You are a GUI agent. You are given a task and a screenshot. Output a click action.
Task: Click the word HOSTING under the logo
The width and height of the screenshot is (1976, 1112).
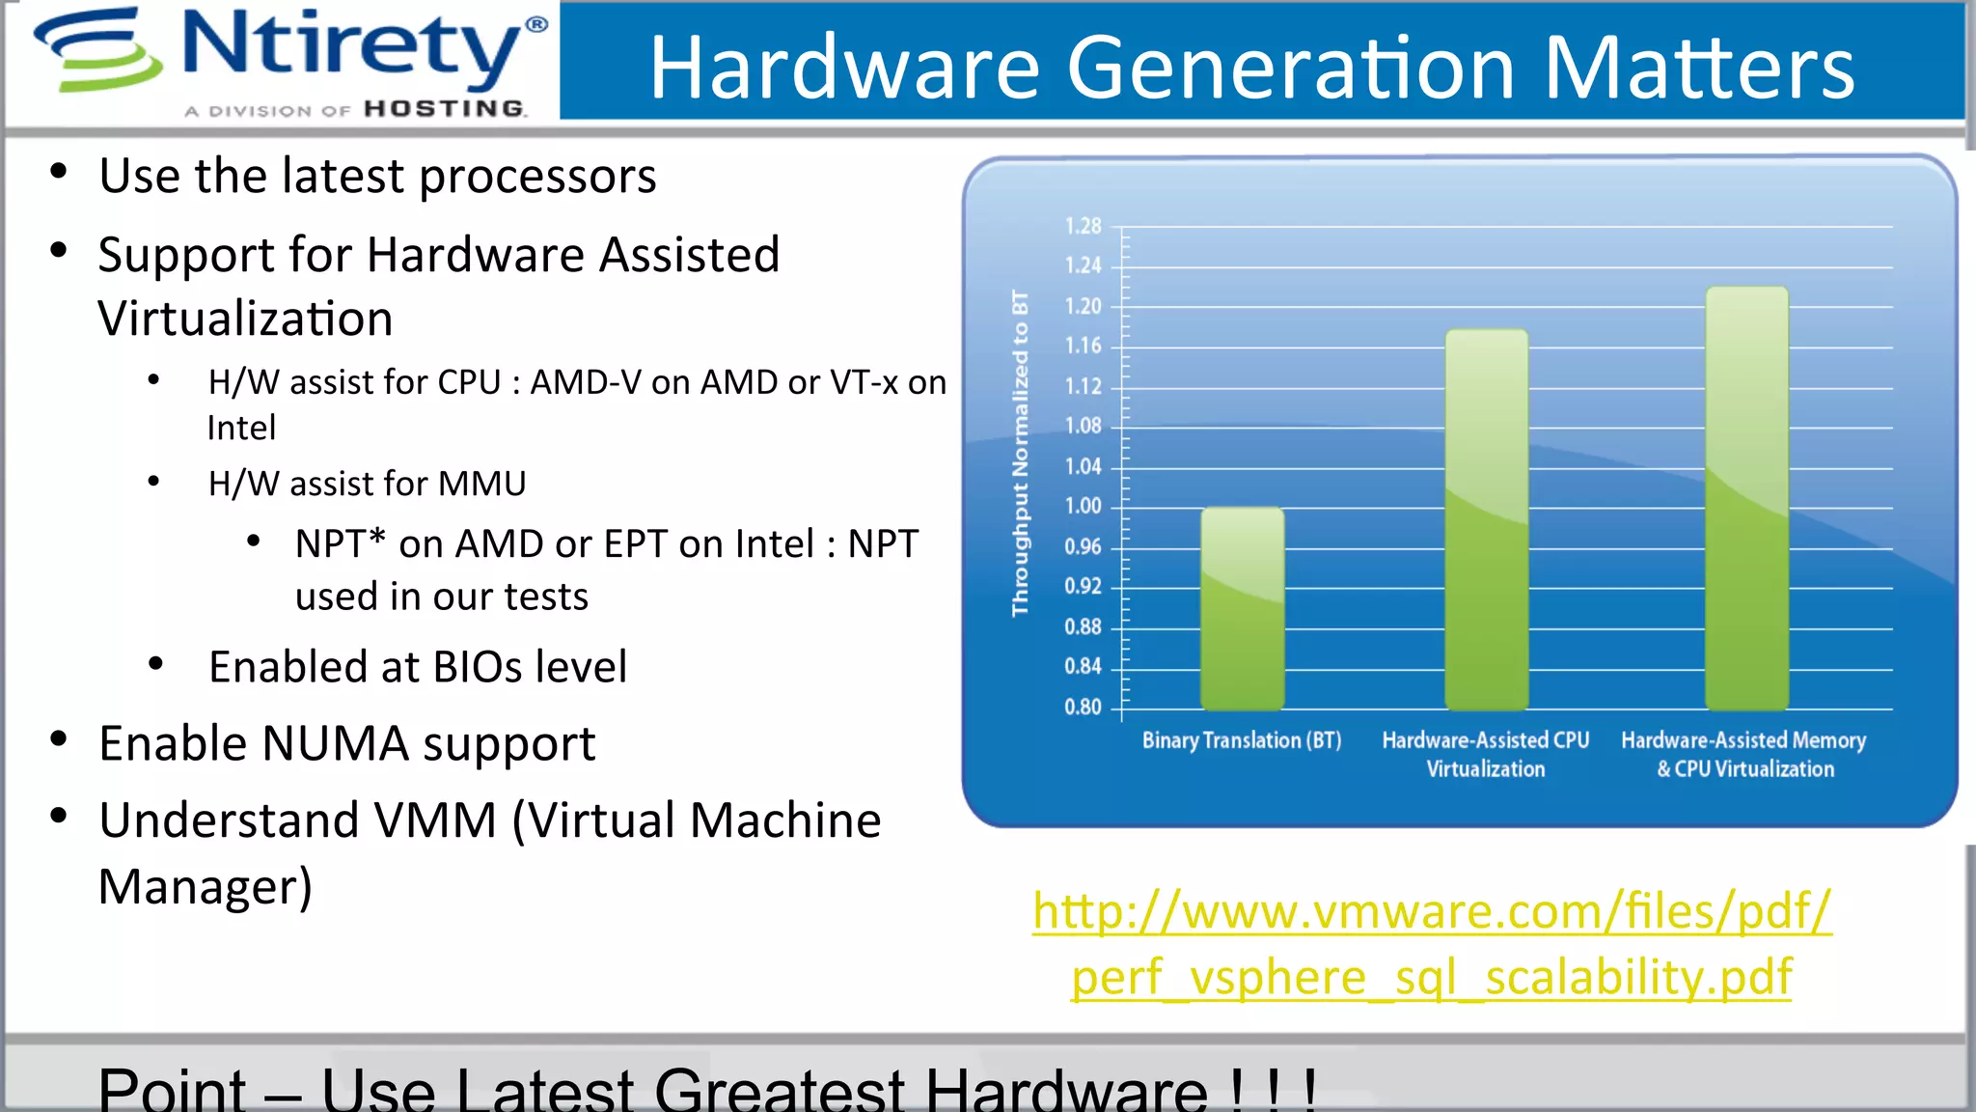(x=445, y=109)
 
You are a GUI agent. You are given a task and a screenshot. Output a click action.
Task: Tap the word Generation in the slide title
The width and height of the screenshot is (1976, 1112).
(x=1292, y=68)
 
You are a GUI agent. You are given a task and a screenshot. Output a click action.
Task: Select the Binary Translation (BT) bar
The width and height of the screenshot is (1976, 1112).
(x=1242, y=608)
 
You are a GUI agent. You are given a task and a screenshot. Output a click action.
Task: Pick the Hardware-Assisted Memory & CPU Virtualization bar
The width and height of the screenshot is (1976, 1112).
(x=1746, y=498)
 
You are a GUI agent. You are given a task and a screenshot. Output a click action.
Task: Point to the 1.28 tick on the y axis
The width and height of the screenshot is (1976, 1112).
(x=1083, y=226)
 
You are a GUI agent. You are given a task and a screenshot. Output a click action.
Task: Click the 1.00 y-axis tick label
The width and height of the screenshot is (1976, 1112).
(x=1083, y=506)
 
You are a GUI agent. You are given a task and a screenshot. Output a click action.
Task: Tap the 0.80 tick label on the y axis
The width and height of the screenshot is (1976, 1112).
(x=1083, y=707)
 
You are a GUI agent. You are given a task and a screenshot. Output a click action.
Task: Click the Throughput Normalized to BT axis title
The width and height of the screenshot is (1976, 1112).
(x=1020, y=453)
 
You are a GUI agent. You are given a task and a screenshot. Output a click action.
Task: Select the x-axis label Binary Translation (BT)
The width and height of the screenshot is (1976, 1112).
(x=1242, y=740)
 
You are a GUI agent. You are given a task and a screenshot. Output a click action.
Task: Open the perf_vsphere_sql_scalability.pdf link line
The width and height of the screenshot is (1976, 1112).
(x=1432, y=977)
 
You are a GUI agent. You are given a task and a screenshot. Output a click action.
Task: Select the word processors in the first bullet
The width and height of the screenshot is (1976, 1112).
(x=537, y=177)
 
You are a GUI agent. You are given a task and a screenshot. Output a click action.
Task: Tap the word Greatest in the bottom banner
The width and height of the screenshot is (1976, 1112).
(x=780, y=1089)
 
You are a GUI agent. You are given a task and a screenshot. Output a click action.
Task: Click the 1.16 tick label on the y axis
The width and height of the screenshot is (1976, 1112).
(x=1083, y=346)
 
